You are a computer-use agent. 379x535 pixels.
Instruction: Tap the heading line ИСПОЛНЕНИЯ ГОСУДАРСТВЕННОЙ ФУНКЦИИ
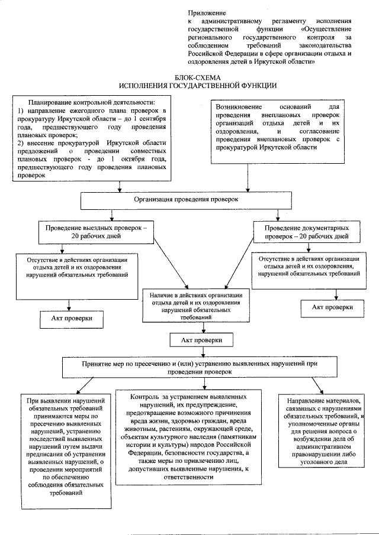click(x=197, y=86)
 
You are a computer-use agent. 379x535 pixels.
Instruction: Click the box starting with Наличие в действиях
click(x=196, y=305)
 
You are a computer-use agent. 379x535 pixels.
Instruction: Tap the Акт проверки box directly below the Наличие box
click(x=196, y=341)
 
